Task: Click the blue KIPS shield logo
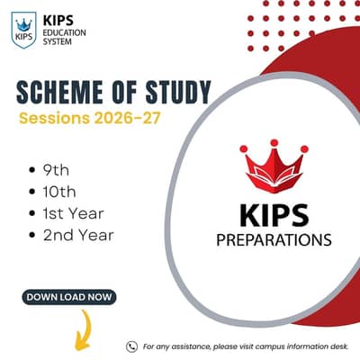[23, 30]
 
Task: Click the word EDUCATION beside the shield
[64, 32]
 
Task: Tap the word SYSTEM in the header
[58, 41]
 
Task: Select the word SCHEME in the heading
[59, 92]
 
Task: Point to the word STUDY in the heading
[178, 92]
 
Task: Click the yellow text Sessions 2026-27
[90, 118]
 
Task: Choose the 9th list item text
[56, 170]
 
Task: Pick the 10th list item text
[59, 192]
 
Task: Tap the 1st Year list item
[73, 213]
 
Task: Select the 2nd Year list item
[78, 235]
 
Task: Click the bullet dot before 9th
[31, 170]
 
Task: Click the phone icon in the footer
[131, 346]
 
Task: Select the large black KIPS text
[274, 215]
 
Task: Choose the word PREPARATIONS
[274, 240]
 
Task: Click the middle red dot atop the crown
[274, 143]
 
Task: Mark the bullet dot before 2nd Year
[31, 235]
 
